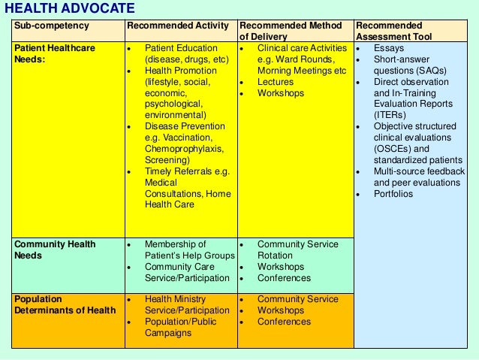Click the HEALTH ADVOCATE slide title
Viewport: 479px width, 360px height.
pos(70,9)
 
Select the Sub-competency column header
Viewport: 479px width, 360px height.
pos(51,26)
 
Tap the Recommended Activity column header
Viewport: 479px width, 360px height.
pos(178,26)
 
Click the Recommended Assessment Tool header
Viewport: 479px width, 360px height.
pos(389,31)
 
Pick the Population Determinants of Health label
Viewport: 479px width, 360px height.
pos(65,304)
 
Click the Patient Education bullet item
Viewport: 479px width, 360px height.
pos(187,53)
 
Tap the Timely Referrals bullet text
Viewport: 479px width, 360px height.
pos(187,183)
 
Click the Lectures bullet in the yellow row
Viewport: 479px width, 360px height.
pos(276,82)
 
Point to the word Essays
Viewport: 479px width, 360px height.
pos(388,48)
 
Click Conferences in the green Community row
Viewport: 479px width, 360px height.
pos(284,278)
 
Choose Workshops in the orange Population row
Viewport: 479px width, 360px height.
pos(281,310)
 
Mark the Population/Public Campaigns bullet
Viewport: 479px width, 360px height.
pos(182,328)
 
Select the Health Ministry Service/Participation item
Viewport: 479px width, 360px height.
pos(187,305)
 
